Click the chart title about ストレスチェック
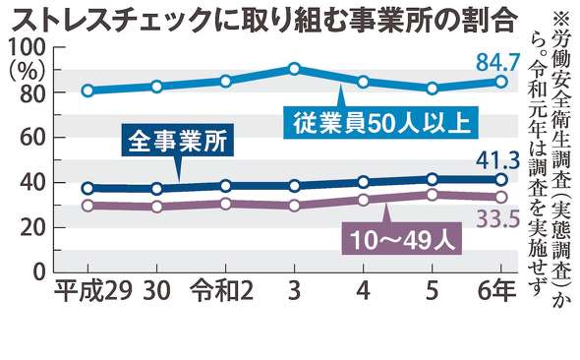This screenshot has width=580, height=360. click(264, 17)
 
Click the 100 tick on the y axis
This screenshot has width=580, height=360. click(27, 48)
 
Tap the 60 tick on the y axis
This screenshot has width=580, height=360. click(34, 138)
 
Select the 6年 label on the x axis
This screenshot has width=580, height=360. click(498, 292)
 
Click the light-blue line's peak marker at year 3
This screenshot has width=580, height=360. click(294, 69)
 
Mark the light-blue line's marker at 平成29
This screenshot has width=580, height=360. click(87, 90)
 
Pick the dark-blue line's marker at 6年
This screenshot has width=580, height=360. click(500, 179)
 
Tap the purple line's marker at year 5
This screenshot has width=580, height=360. click(432, 195)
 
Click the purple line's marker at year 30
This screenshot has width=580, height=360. click(156, 207)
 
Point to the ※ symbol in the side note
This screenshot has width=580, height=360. click(561, 18)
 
